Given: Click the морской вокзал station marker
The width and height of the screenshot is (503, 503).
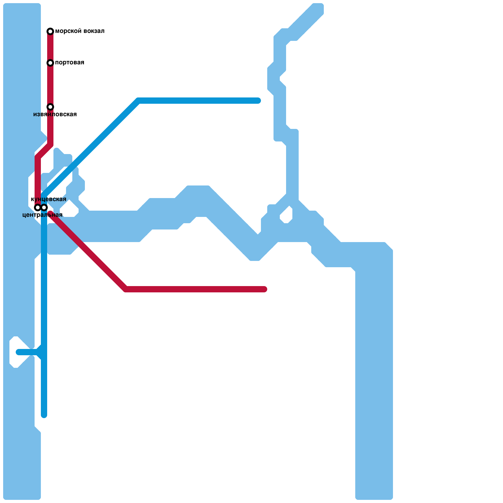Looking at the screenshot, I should (x=50, y=31).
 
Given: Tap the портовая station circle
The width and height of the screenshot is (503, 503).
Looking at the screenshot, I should (x=50, y=63).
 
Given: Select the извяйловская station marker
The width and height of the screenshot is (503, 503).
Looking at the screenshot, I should (x=50, y=107).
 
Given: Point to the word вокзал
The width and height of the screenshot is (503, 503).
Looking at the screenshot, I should (x=93, y=31).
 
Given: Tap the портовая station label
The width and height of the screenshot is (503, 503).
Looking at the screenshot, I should (x=69, y=63).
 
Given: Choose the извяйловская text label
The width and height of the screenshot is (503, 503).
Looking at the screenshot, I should (x=55, y=114).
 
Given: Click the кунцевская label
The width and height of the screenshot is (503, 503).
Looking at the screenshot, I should (x=49, y=199).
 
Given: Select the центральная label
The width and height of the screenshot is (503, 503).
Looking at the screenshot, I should (x=42, y=215).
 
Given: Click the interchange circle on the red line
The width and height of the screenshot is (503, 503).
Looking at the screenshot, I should (x=38, y=207).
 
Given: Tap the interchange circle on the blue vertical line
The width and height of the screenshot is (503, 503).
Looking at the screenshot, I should (x=44, y=207).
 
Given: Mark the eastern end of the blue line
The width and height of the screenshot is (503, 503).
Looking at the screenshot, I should (x=258, y=101).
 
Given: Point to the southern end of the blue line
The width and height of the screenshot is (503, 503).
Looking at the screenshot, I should (x=44, y=415).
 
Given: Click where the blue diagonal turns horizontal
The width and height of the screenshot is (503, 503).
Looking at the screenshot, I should (x=138, y=101).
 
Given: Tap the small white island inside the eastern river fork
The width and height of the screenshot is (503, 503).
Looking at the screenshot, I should (x=286, y=215).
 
